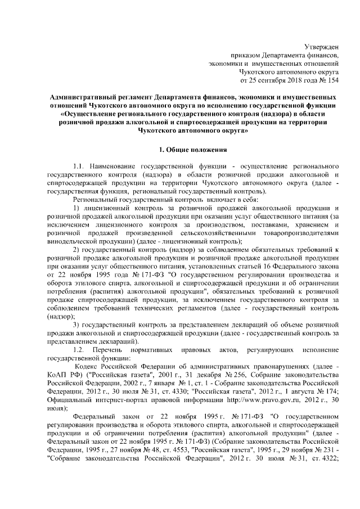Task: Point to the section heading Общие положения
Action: pos(194,150)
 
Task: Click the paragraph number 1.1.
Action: pos(79,167)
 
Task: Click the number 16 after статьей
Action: pos(263,267)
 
